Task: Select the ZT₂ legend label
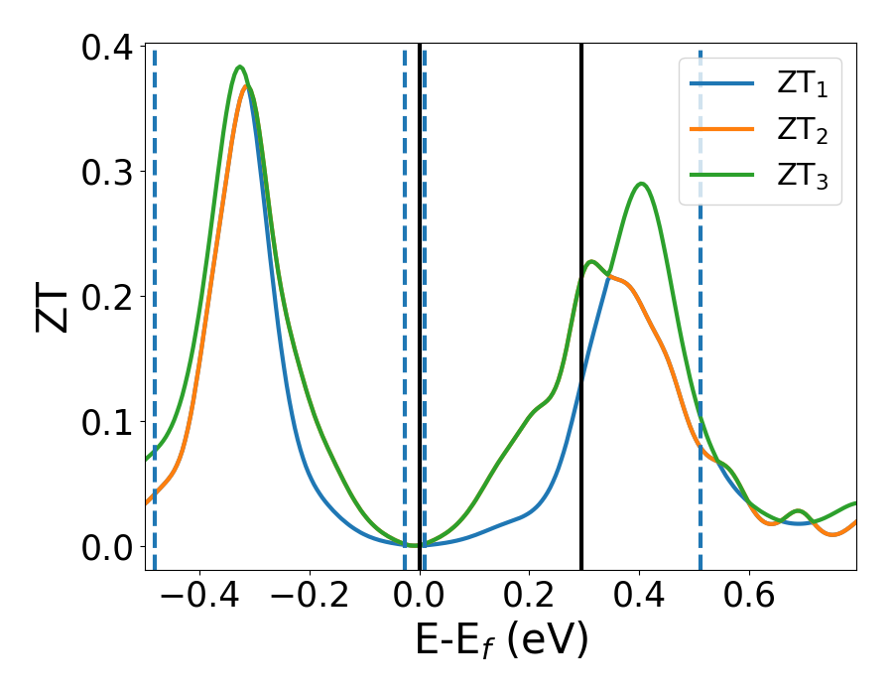[x=802, y=130]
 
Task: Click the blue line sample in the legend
[x=721, y=83]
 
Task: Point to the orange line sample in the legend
[x=721, y=129]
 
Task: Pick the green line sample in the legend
[x=721, y=176]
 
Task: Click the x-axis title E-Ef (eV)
[x=501, y=640]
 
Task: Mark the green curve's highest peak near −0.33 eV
[x=240, y=68]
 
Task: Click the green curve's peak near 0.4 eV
[x=641, y=184]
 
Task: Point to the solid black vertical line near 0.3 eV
[x=581, y=298]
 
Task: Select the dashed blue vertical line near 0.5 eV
[x=701, y=298]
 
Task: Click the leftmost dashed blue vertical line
[x=155, y=298]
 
